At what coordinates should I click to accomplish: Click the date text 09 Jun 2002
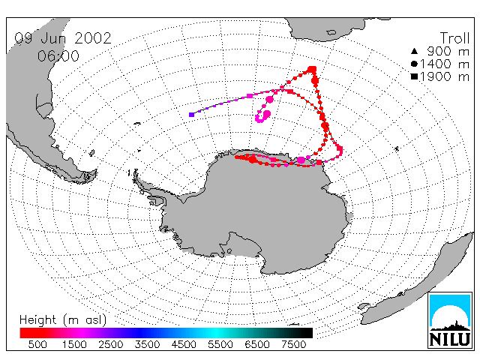[63, 38]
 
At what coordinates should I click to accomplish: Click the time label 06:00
[58, 56]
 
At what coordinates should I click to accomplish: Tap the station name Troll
[455, 38]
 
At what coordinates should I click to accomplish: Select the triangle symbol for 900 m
[414, 51]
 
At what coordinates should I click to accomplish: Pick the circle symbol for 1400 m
[414, 64]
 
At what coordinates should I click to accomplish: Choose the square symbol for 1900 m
[414, 76]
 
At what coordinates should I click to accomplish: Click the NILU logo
[450, 320]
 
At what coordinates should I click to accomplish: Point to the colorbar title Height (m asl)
[63, 320]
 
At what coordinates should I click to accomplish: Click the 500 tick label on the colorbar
[37, 345]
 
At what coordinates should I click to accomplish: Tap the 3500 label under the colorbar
[147, 345]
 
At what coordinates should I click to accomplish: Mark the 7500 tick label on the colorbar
[293, 345]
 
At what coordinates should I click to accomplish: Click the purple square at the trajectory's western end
[192, 115]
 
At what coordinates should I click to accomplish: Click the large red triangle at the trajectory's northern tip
[312, 70]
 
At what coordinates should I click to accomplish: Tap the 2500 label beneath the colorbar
[111, 345]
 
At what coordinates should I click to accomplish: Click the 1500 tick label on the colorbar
[74, 345]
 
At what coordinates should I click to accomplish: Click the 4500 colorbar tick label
[184, 345]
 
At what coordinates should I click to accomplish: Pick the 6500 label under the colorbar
[257, 345]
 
